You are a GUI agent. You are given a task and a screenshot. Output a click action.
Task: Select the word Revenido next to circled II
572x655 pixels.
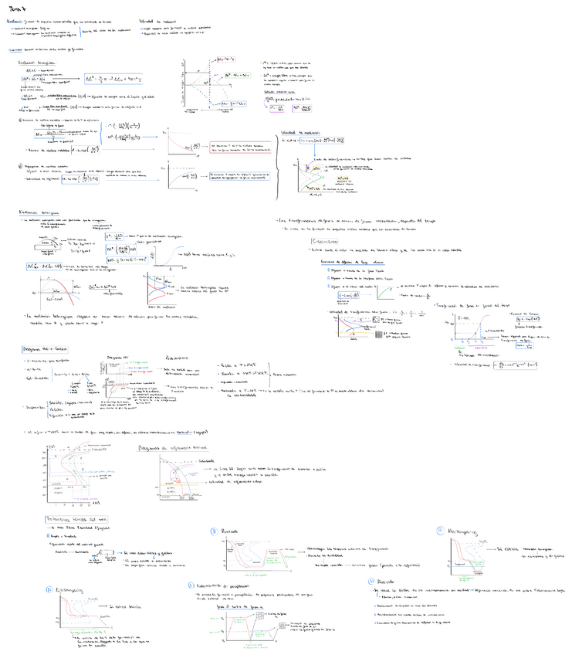click(232, 533)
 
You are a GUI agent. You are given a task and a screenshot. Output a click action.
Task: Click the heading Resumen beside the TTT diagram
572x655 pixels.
click(179, 358)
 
